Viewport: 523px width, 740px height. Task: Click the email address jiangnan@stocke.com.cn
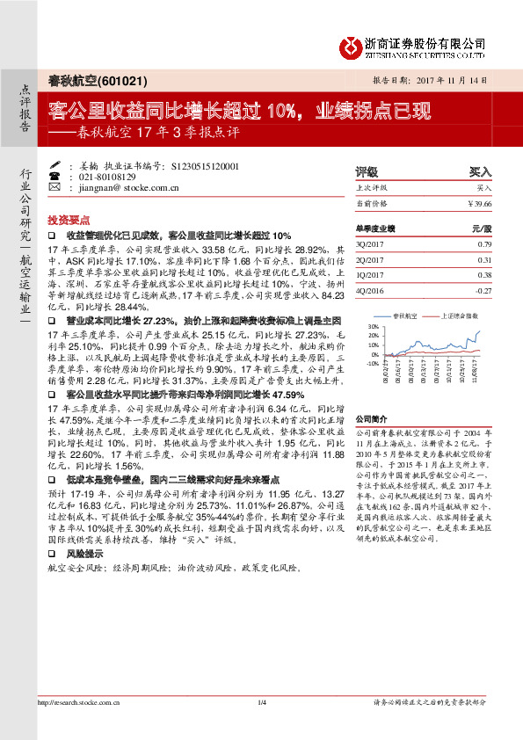tap(117, 187)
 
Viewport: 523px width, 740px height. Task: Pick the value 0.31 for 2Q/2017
tap(484, 260)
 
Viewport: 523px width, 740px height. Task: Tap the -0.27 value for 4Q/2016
tap(483, 290)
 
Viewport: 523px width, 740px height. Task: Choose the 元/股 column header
tap(483, 228)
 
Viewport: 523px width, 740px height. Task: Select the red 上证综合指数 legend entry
tap(461, 314)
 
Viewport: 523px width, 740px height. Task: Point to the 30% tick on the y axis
tap(374, 326)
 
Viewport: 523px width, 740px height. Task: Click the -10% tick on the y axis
tap(373, 362)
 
